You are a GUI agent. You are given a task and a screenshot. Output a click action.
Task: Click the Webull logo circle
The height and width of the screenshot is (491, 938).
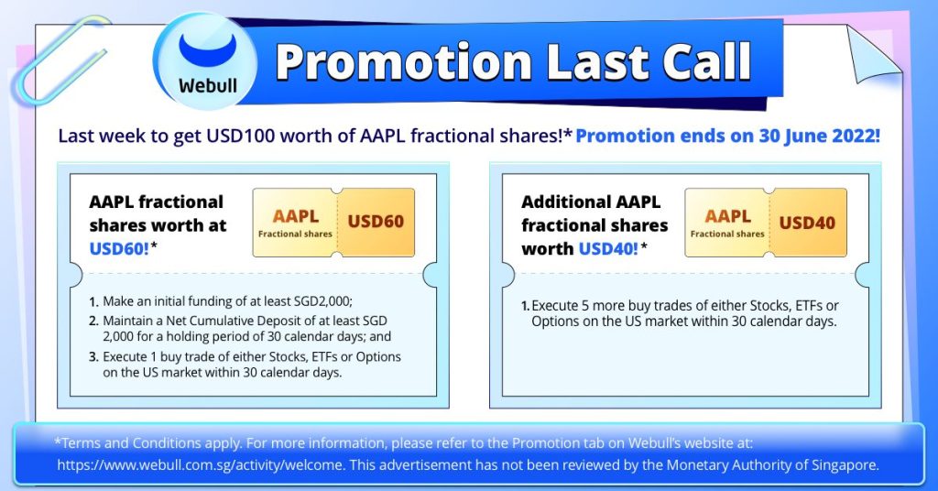click(206, 62)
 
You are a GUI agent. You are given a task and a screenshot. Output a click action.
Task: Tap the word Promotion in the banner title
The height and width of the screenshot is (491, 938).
click(404, 61)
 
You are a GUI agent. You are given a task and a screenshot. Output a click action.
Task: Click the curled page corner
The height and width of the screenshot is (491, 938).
click(872, 55)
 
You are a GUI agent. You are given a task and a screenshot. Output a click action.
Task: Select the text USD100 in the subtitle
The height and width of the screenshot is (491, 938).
click(241, 136)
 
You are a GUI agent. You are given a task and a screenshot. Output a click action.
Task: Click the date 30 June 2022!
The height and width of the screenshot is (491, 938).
click(820, 136)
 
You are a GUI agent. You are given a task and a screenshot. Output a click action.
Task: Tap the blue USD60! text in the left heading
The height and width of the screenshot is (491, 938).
click(119, 248)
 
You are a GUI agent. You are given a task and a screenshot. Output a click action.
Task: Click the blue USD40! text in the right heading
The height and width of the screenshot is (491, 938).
click(608, 248)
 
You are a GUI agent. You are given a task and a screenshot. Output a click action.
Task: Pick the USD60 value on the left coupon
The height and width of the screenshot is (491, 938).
click(376, 222)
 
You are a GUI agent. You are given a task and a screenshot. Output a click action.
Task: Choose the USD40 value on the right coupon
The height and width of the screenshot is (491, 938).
click(807, 223)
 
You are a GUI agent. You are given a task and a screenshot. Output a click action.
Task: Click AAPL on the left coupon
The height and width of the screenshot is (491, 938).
click(296, 216)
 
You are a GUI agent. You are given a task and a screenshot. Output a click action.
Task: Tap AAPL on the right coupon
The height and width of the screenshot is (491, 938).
click(727, 216)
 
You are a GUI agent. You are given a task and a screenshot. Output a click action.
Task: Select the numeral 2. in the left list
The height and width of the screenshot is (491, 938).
click(93, 322)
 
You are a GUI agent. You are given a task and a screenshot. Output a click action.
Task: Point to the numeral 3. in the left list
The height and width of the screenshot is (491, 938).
click(93, 357)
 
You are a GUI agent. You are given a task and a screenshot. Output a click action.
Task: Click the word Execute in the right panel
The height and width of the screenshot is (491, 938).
click(555, 306)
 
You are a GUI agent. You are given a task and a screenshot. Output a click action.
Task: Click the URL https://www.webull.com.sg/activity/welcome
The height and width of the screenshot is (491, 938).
click(201, 464)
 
